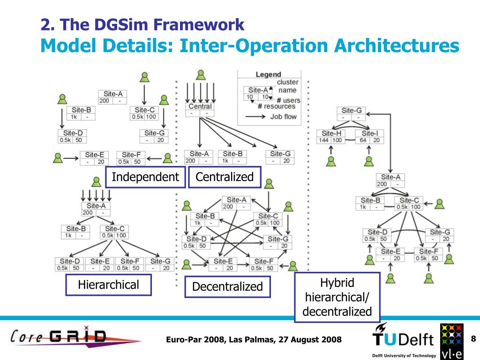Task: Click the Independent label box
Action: (x=145, y=177)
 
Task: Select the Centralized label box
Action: (x=224, y=177)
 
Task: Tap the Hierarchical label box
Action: (x=108, y=285)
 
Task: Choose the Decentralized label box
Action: (x=227, y=286)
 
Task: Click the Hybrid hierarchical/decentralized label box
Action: (x=337, y=297)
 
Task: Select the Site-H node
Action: (x=331, y=136)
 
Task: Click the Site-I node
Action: (x=369, y=136)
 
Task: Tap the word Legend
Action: (x=268, y=74)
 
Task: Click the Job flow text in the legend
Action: (x=284, y=116)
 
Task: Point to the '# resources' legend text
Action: (x=276, y=106)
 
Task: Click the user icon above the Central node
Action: (x=201, y=75)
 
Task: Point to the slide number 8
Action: (x=473, y=339)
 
